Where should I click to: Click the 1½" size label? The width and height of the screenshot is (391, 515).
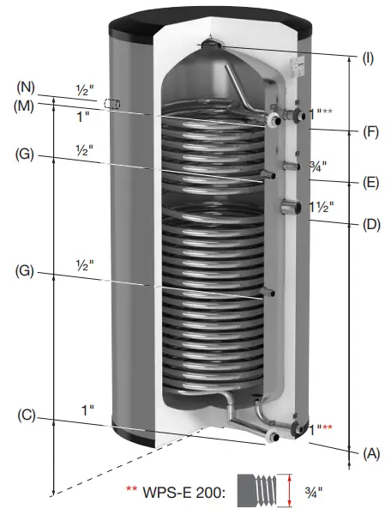click(319, 206)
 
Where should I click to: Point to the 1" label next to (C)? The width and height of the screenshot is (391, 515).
click(88, 411)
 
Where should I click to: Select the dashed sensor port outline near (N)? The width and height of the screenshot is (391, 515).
click(110, 104)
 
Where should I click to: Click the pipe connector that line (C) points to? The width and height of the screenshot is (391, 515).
click(273, 439)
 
